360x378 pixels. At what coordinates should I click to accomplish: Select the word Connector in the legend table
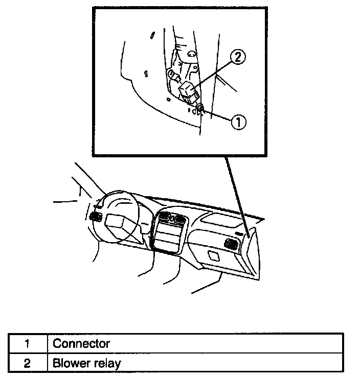pyautogui.click(x=81, y=343)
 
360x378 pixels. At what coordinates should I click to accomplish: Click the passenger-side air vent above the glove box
pyautogui.click(x=231, y=245)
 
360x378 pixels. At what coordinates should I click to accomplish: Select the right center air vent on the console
pyautogui.click(x=179, y=221)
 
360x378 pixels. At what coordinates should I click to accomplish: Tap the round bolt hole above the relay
pyautogui.click(x=190, y=53)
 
